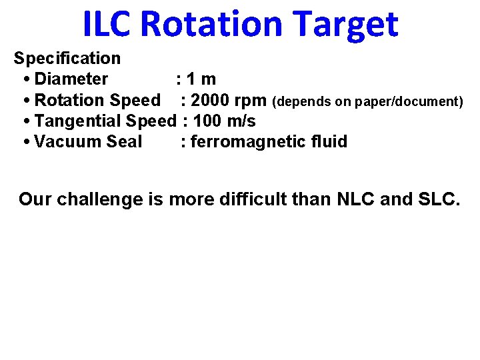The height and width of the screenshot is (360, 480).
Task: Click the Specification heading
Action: tap(67, 59)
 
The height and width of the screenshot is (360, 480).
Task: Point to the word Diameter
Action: tap(71, 79)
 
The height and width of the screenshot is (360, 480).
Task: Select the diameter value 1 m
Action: tap(201, 79)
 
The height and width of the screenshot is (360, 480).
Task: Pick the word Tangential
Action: tap(77, 121)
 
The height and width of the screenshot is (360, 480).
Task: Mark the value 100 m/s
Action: tap(224, 121)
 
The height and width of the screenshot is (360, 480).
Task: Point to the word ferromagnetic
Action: tap(253, 141)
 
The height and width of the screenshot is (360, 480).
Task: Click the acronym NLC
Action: tap(354, 199)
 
